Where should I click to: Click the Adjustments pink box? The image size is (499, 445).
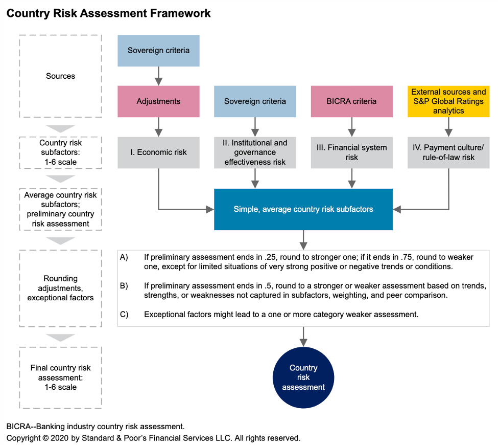[158, 101]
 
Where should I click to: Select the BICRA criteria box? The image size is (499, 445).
[351, 101]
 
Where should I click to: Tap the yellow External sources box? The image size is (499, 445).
[448, 101]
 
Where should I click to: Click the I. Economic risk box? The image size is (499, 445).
[158, 152]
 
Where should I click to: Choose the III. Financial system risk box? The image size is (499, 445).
[351, 152]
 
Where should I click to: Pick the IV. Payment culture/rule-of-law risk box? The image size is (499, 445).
[448, 152]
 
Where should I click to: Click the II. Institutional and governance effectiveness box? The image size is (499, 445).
[255, 152]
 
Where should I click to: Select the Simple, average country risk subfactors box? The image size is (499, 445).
[303, 209]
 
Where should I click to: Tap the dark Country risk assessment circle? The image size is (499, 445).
[303, 377]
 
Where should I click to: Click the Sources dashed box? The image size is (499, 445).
[60, 76]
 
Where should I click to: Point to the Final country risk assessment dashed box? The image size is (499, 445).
[60, 377]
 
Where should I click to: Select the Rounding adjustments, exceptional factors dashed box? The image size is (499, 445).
[60, 288]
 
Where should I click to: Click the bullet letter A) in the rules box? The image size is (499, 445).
[124, 257]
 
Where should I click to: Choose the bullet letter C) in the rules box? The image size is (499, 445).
[124, 314]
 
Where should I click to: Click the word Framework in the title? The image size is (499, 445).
[181, 14]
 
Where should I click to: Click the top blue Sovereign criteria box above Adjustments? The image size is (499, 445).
[158, 51]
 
